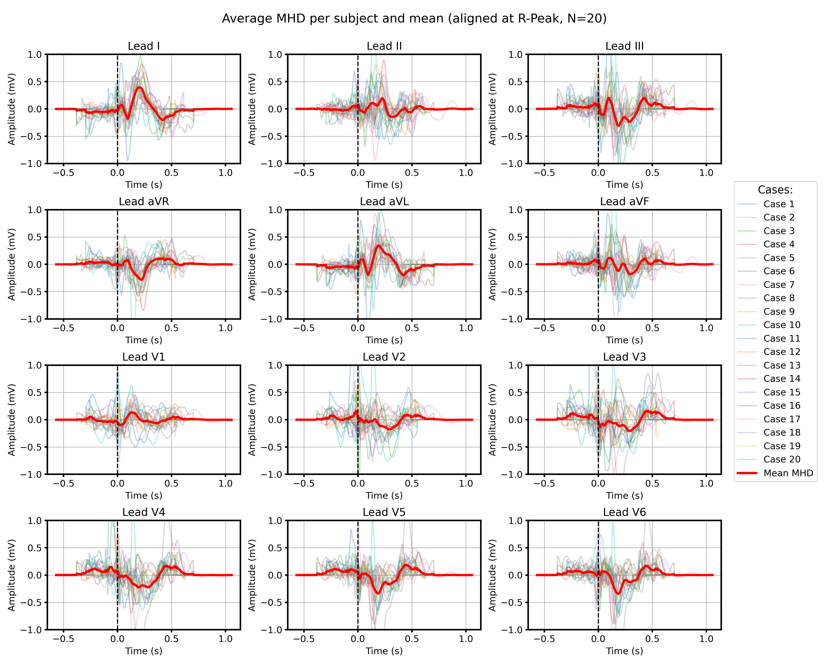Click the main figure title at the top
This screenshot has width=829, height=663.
point(414,18)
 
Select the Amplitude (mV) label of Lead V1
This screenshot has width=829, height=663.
point(12,420)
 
